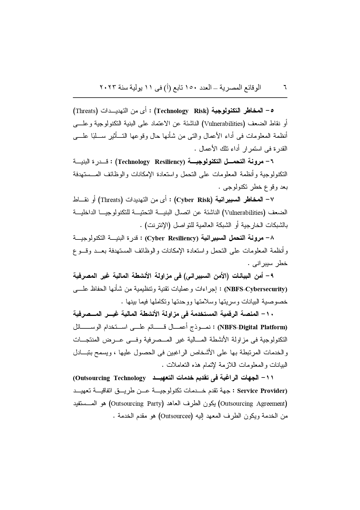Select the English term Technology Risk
click(x=182, y=111)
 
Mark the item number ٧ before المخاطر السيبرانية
click(x=272, y=200)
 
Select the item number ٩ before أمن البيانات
click(x=272, y=276)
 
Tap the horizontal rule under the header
click(x=180, y=98)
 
